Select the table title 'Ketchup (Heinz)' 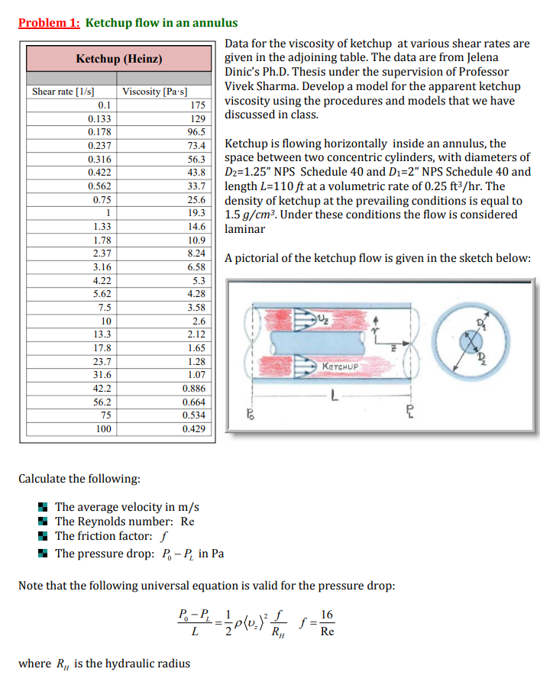(118, 59)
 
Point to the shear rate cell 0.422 (100, 173)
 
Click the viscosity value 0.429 (194, 429)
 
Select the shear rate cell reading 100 (103, 429)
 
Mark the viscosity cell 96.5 (197, 132)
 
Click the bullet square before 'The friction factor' (44, 538)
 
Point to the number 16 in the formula (327, 614)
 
